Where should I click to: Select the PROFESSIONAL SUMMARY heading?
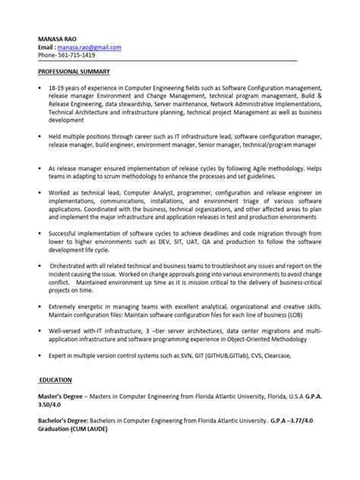click(x=74, y=71)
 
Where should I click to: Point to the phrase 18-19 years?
click(x=68, y=88)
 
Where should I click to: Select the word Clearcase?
click(x=273, y=357)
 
